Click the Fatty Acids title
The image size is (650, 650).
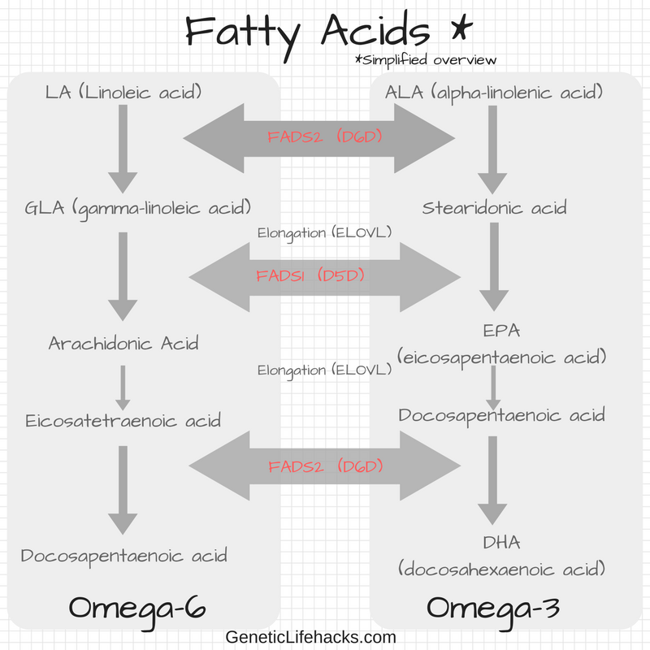click(x=328, y=34)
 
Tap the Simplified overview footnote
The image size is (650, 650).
click(x=426, y=59)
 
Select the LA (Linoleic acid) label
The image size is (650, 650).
click(x=123, y=92)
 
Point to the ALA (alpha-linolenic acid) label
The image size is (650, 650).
click(x=494, y=93)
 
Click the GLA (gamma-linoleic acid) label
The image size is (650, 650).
click(x=137, y=209)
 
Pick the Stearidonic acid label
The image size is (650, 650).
click(x=494, y=208)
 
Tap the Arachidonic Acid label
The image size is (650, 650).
click(x=123, y=343)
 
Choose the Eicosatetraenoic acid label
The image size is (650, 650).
click(x=123, y=421)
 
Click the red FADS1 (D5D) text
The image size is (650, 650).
click(x=310, y=275)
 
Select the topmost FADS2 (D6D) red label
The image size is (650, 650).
click(x=324, y=136)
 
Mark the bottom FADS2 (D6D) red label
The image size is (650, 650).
click(x=326, y=466)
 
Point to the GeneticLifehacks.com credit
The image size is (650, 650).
click(x=311, y=637)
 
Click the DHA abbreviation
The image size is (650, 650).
click(x=501, y=543)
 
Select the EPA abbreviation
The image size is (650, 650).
click(x=501, y=331)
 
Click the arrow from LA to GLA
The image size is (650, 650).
click(x=123, y=149)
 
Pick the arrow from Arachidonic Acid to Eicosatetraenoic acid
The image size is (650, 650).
click(x=123, y=388)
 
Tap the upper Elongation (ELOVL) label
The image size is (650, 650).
click(x=324, y=233)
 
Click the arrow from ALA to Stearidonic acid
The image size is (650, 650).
click(x=492, y=149)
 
